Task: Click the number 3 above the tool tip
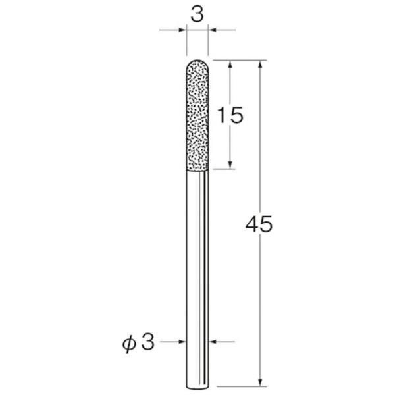click(197, 14)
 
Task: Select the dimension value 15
click(230, 115)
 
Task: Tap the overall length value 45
click(259, 224)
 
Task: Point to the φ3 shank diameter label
click(138, 343)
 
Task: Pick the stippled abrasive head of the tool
click(197, 115)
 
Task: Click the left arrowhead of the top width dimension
click(182, 30)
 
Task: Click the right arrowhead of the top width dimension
click(212, 30)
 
